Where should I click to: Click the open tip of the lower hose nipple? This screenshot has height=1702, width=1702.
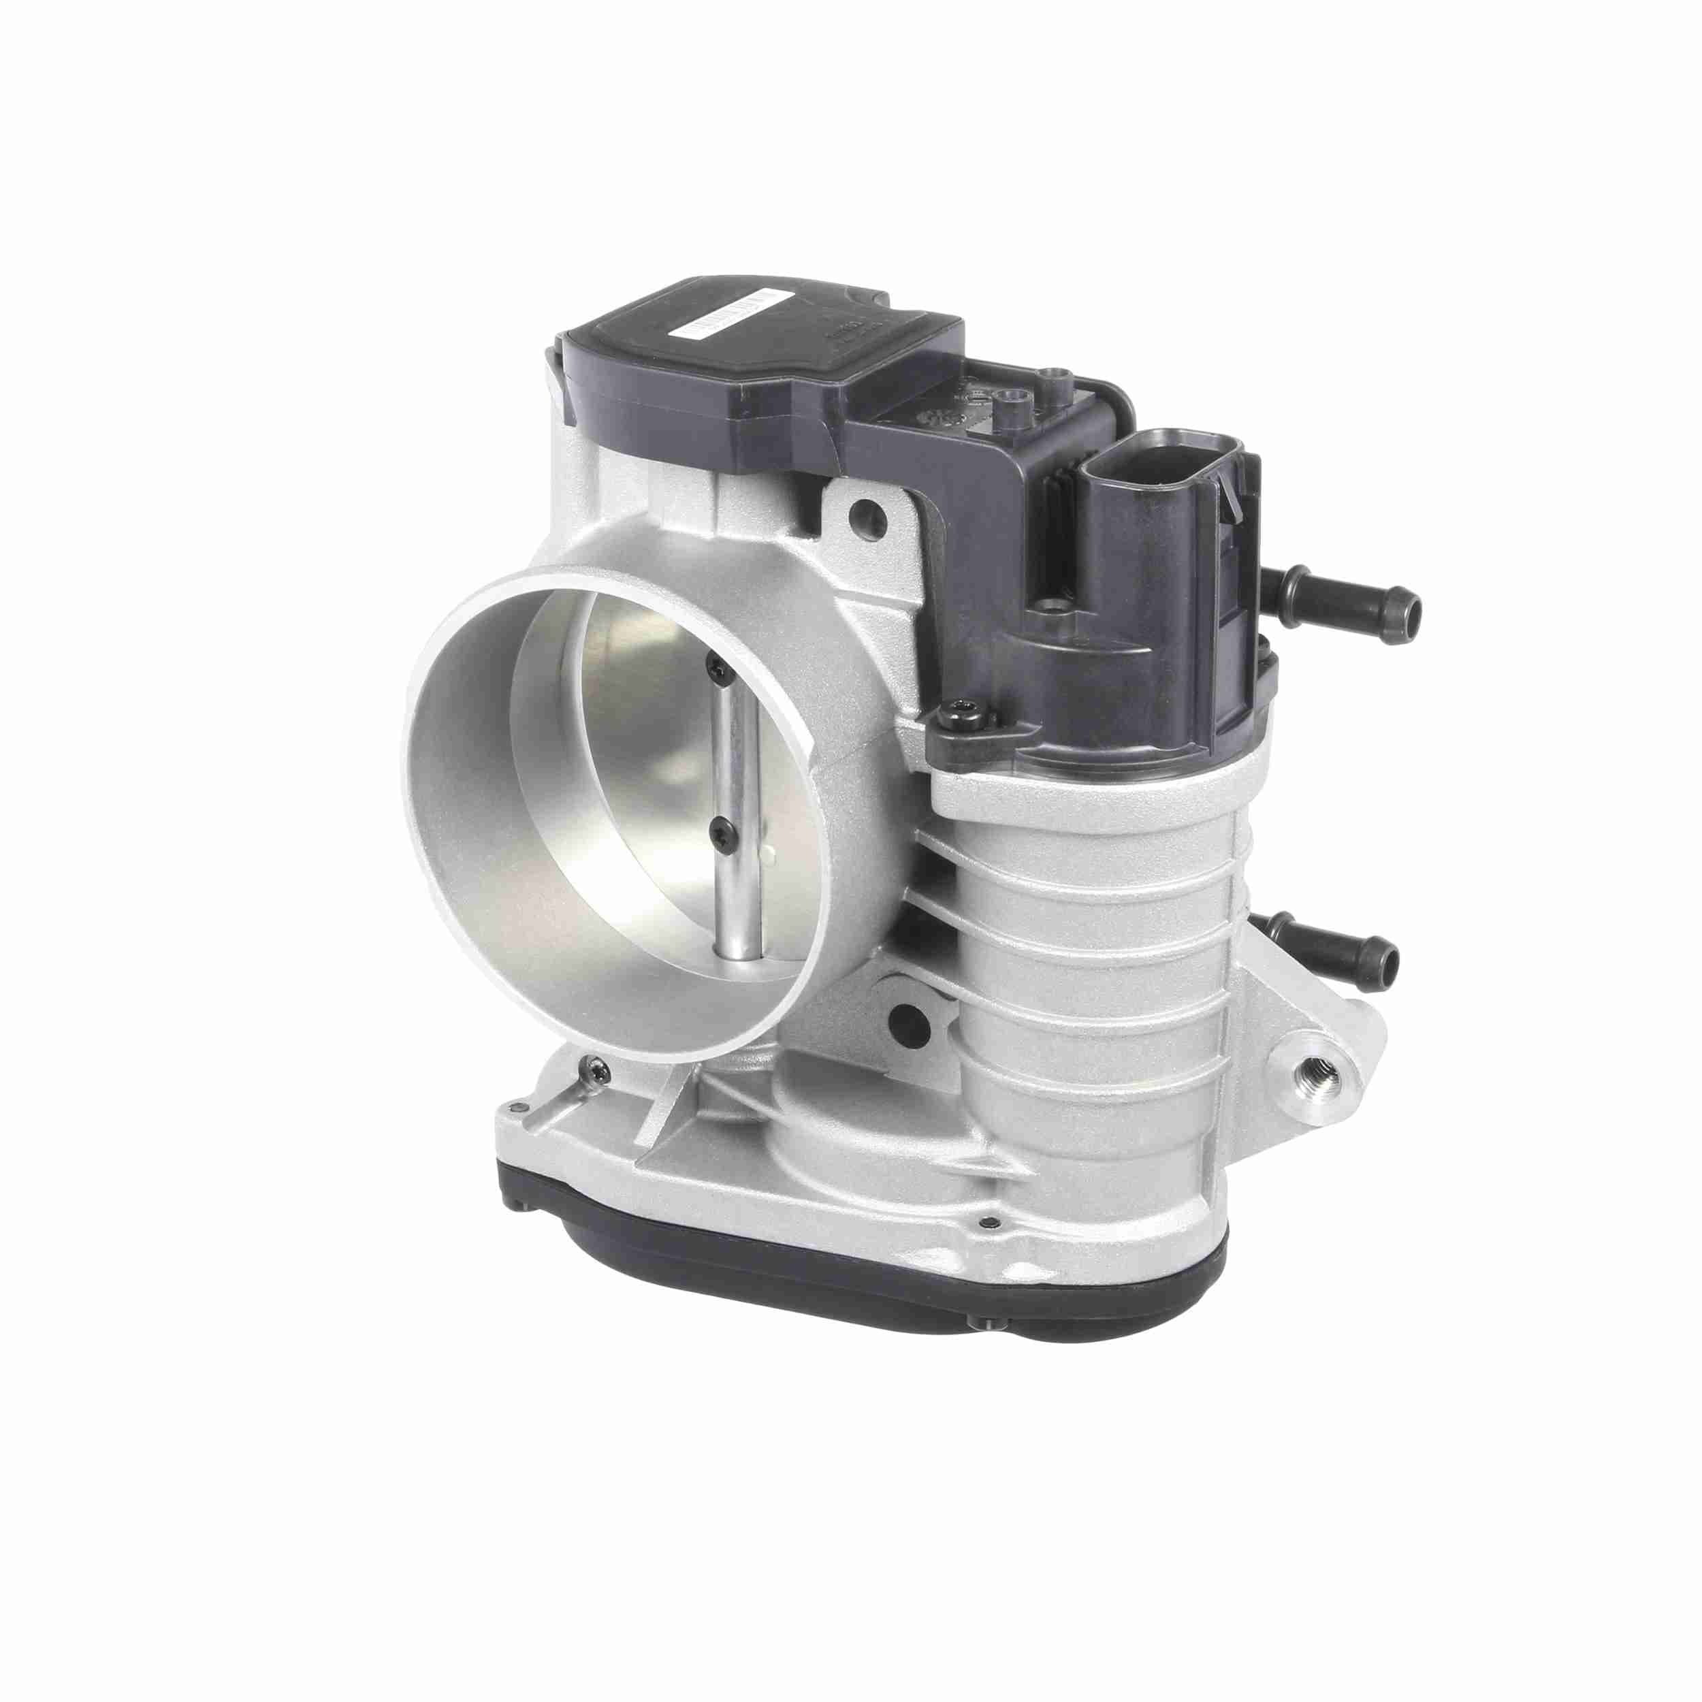click(1387, 959)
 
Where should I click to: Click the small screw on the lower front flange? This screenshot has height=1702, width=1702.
click(989, 1223)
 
